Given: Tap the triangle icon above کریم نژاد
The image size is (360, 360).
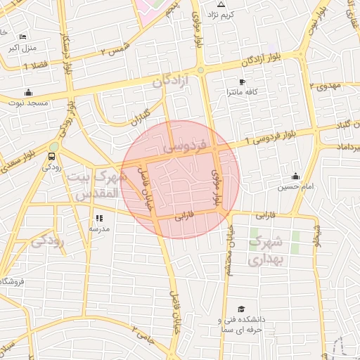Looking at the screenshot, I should point(221,4).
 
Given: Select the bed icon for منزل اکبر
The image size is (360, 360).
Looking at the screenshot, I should point(23,37).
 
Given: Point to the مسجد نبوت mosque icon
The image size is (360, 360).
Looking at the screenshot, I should point(28,92).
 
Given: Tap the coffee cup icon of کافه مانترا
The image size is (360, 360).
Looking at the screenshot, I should point(242,82).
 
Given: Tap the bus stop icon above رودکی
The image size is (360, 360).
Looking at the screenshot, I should point(53,157).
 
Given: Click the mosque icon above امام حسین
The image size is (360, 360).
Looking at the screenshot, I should point(295,176).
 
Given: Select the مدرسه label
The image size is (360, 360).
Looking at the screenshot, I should point(98,229).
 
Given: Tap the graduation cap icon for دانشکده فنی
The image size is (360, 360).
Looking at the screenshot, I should point(241,309).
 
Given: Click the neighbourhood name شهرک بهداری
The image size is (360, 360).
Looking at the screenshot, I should point(266,251).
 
